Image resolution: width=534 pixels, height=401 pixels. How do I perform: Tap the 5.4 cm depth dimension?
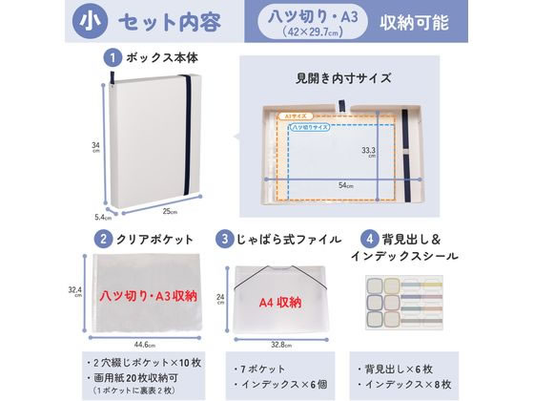pyautogui.click(x=101, y=217)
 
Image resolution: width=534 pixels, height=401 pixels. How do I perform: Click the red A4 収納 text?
pyautogui.click(x=279, y=302)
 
